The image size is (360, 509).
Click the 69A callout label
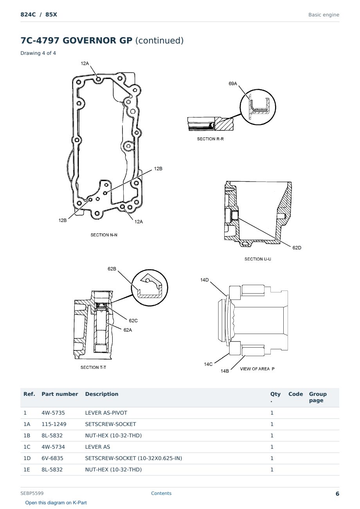tap(232, 84)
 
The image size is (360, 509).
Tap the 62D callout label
tap(297, 248)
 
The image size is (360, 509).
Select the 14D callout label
tap(204, 280)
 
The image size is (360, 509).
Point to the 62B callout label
tap(112, 269)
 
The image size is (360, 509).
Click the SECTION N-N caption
tap(104, 235)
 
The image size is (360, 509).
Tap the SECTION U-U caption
tap(257, 259)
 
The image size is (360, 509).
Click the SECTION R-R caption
tap(210, 139)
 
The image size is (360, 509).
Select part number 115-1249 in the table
tap(54, 424)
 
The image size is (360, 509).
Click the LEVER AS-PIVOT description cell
tap(106, 413)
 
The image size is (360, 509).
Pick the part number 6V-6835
tap(52, 458)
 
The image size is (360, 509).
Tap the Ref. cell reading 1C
tap(27, 447)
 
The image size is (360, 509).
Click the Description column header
tap(102, 394)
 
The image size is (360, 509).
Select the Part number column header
tap(60, 394)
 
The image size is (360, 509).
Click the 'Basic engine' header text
tap(324, 15)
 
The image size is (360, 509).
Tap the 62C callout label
tap(133, 321)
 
